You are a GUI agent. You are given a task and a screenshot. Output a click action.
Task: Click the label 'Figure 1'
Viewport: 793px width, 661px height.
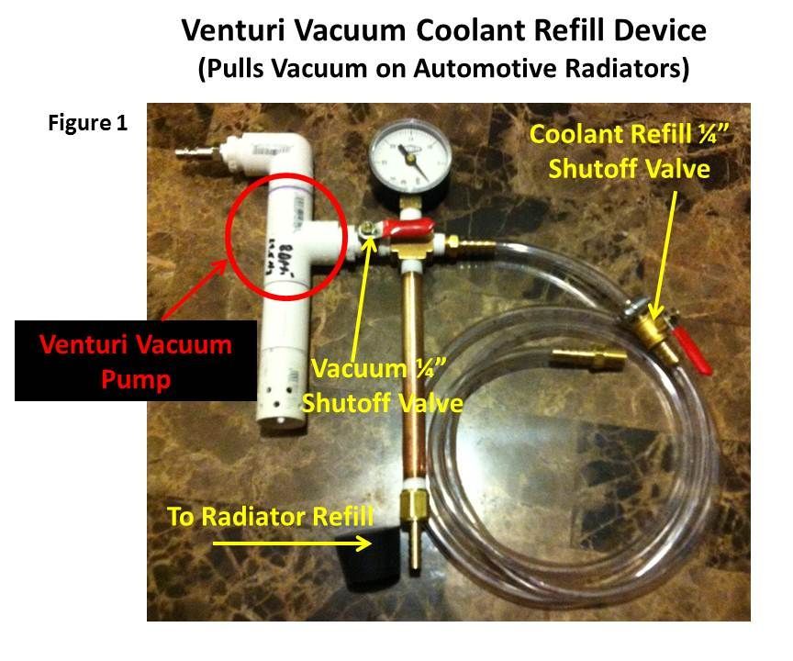click(x=87, y=124)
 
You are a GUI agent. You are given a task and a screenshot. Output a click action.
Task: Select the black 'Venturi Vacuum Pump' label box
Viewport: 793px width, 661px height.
click(x=135, y=359)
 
